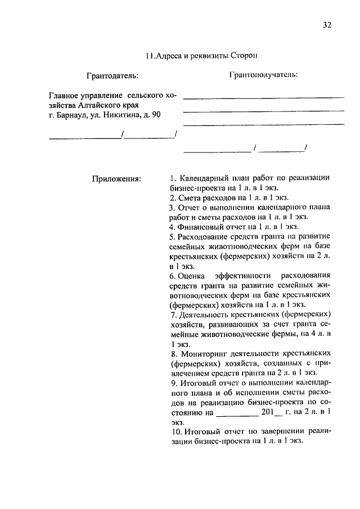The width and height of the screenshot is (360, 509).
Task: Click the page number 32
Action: point(328,24)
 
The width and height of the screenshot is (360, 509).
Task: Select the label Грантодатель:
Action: point(112,75)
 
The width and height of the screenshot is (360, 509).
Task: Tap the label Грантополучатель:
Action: point(263,74)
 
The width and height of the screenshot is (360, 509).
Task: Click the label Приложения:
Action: point(116,179)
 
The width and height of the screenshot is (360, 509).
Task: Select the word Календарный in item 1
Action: point(204,178)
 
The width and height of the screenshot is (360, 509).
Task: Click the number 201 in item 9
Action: point(267,412)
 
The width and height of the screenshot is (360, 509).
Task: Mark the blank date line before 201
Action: point(236,413)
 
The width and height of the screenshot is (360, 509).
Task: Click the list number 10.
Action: point(174,431)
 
